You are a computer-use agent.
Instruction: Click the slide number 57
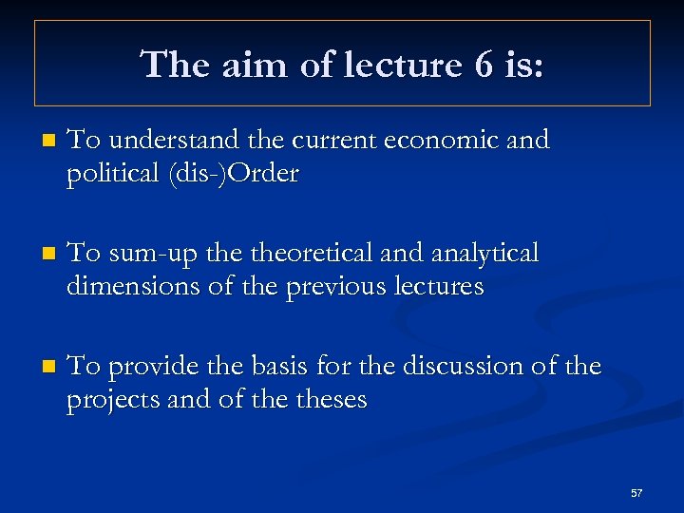pyautogui.click(x=636, y=493)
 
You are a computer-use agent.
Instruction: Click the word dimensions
pyautogui.click(x=134, y=286)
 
